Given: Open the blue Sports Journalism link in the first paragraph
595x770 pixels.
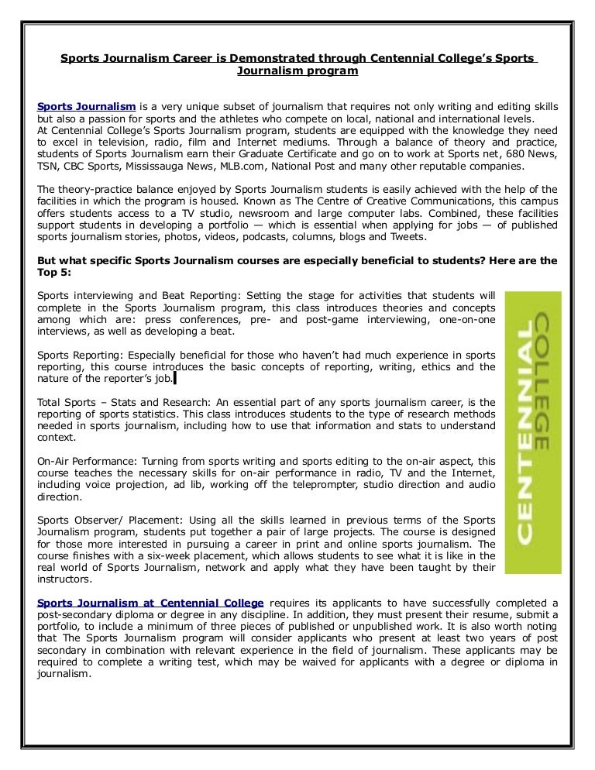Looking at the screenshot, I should [87, 105].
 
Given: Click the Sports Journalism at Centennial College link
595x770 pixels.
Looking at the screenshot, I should [150, 603].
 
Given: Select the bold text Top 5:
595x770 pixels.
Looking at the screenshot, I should [57, 273].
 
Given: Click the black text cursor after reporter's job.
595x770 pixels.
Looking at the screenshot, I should [175, 379].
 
